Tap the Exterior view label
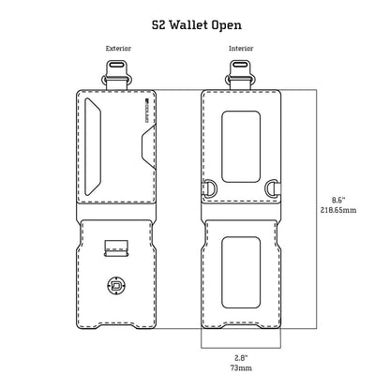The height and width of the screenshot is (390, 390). pyautogui.click(x=118, y=48)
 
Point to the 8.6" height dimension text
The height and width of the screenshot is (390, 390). pyautogui.click(x=339, y=199)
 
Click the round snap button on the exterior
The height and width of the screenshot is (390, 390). pyautogui.click(x=117, y=287)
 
